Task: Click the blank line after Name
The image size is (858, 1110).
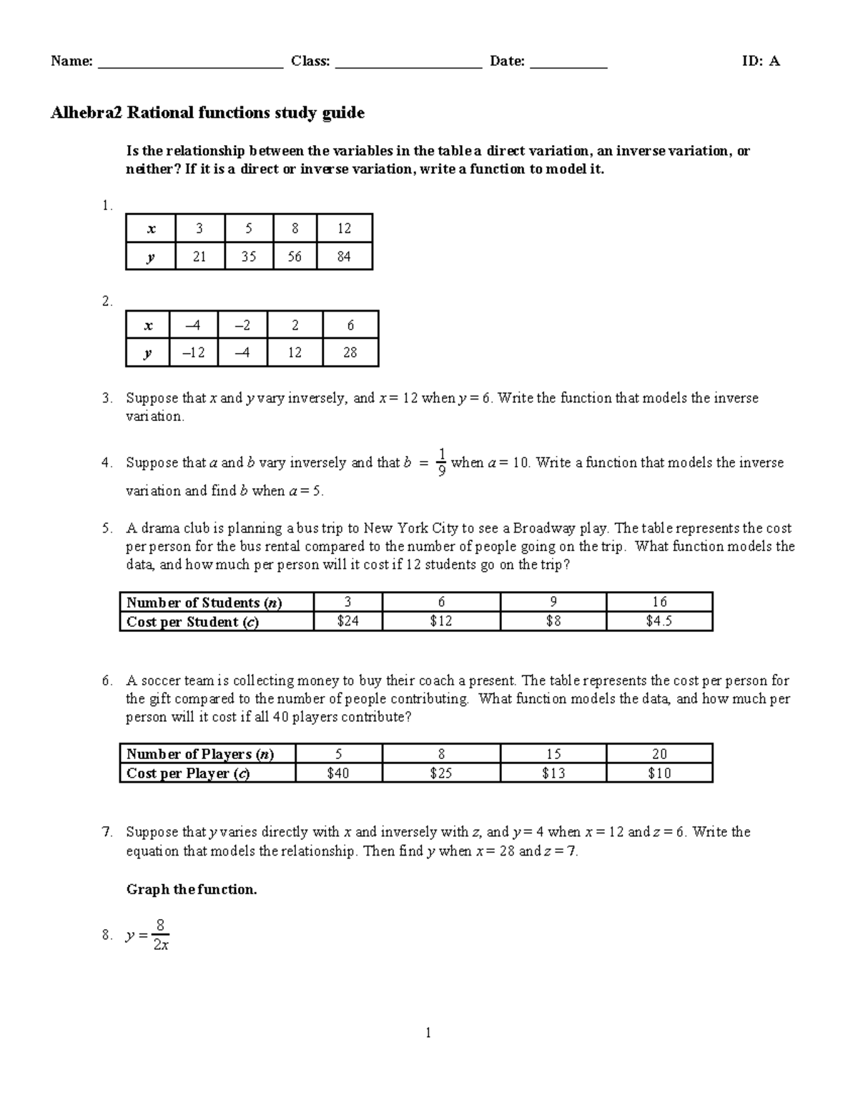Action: (x=190, y=64)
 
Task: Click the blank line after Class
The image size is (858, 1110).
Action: (x=409, y=64)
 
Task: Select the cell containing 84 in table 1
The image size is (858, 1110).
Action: (x=344, y=257)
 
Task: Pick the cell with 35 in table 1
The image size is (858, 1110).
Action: (x=248, y=257)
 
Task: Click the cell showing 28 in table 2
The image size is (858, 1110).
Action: (x=350, y=352)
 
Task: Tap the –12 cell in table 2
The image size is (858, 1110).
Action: (x=193, y=352)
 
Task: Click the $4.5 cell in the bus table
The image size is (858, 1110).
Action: (x=659, y=621)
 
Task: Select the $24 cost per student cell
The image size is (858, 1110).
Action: (x=347, y=621)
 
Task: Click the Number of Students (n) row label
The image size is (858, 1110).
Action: (x=204, y=603)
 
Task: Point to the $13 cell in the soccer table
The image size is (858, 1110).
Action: (x=553, y=773)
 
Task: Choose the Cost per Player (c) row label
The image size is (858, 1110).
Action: (x=188, y=773)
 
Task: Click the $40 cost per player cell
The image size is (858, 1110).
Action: (x=337, y=773)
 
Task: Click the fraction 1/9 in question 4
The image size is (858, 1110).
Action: (x=442, y=462)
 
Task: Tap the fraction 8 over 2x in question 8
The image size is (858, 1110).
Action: (x=161, y=936)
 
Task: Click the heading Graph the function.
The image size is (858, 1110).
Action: (x=191, y=890)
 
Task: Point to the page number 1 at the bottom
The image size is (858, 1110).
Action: (x=428, y=1033)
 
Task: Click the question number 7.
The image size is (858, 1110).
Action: (x=107, y=832)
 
